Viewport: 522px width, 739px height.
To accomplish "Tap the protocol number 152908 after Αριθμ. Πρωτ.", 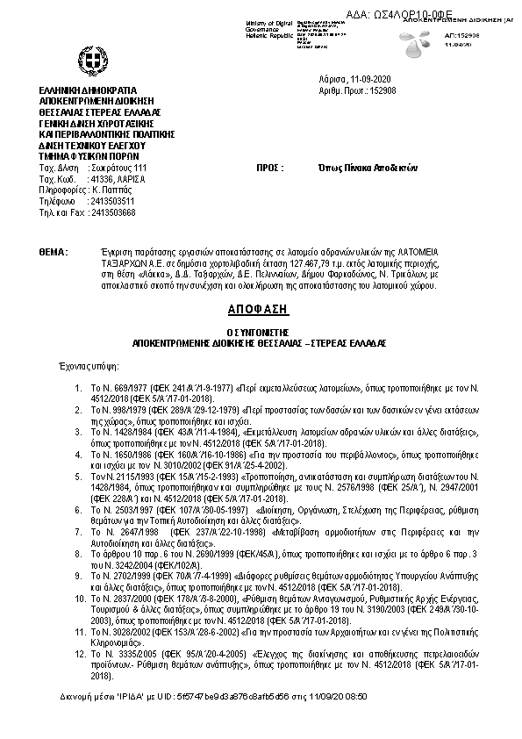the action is pyautogui.click(x=384, y=90).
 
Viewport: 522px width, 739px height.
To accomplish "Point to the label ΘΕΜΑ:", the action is pyautogui.click(x=54, y=252).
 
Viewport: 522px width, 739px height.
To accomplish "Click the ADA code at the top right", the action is pyautogui.click(x=435, y=8).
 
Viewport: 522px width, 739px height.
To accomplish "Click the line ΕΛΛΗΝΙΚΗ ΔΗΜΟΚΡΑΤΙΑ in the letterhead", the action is pyautogui.click(x=89, y=90).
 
